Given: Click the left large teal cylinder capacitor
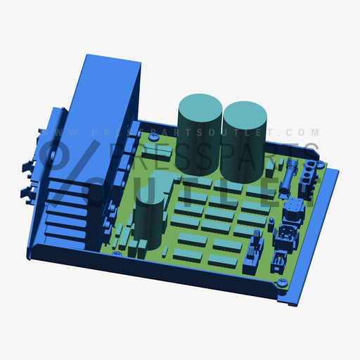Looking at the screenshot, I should (x=200, y=134).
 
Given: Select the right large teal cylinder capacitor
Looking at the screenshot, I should (x=244, y=141).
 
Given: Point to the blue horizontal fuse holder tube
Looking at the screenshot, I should (x=288, y=176).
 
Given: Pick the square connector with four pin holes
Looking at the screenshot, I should (x=296, y=211).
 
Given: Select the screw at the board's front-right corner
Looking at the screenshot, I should (x=283, y=282).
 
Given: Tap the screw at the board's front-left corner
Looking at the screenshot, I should (x=116, y=254).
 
